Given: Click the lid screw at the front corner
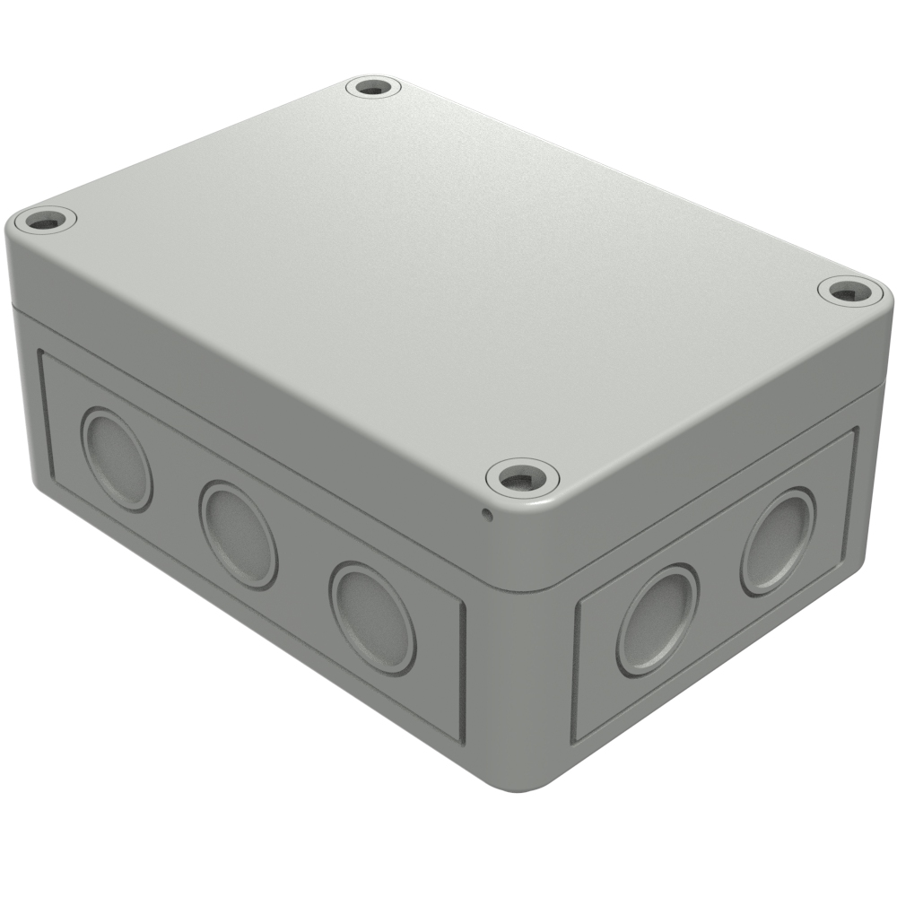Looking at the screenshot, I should coord(522,476).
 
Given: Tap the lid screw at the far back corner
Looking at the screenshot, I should coord(373,88).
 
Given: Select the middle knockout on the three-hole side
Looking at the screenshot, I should coord(238,534).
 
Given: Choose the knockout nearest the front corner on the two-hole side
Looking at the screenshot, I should coord(657,619).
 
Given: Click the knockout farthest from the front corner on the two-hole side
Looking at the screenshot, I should coord(778,541).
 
